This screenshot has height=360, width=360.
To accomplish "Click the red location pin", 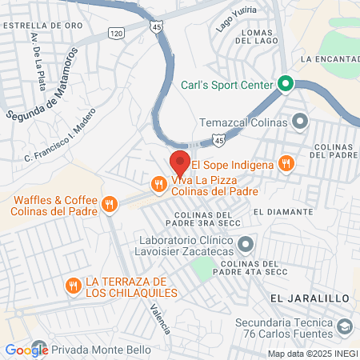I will tap(180, 163).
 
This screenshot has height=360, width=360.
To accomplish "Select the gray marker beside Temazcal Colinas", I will tap(300, 122).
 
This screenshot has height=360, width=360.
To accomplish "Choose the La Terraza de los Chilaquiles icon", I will tap(74, 286).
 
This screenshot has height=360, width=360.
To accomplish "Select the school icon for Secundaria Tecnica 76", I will tap(345, 327).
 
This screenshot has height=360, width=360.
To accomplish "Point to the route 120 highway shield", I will tap(117, 34).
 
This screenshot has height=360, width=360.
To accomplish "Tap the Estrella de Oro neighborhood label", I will tap(43, 26).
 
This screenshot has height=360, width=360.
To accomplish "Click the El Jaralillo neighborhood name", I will tap(310, 298).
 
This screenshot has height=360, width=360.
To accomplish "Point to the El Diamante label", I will tap(282, 212).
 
